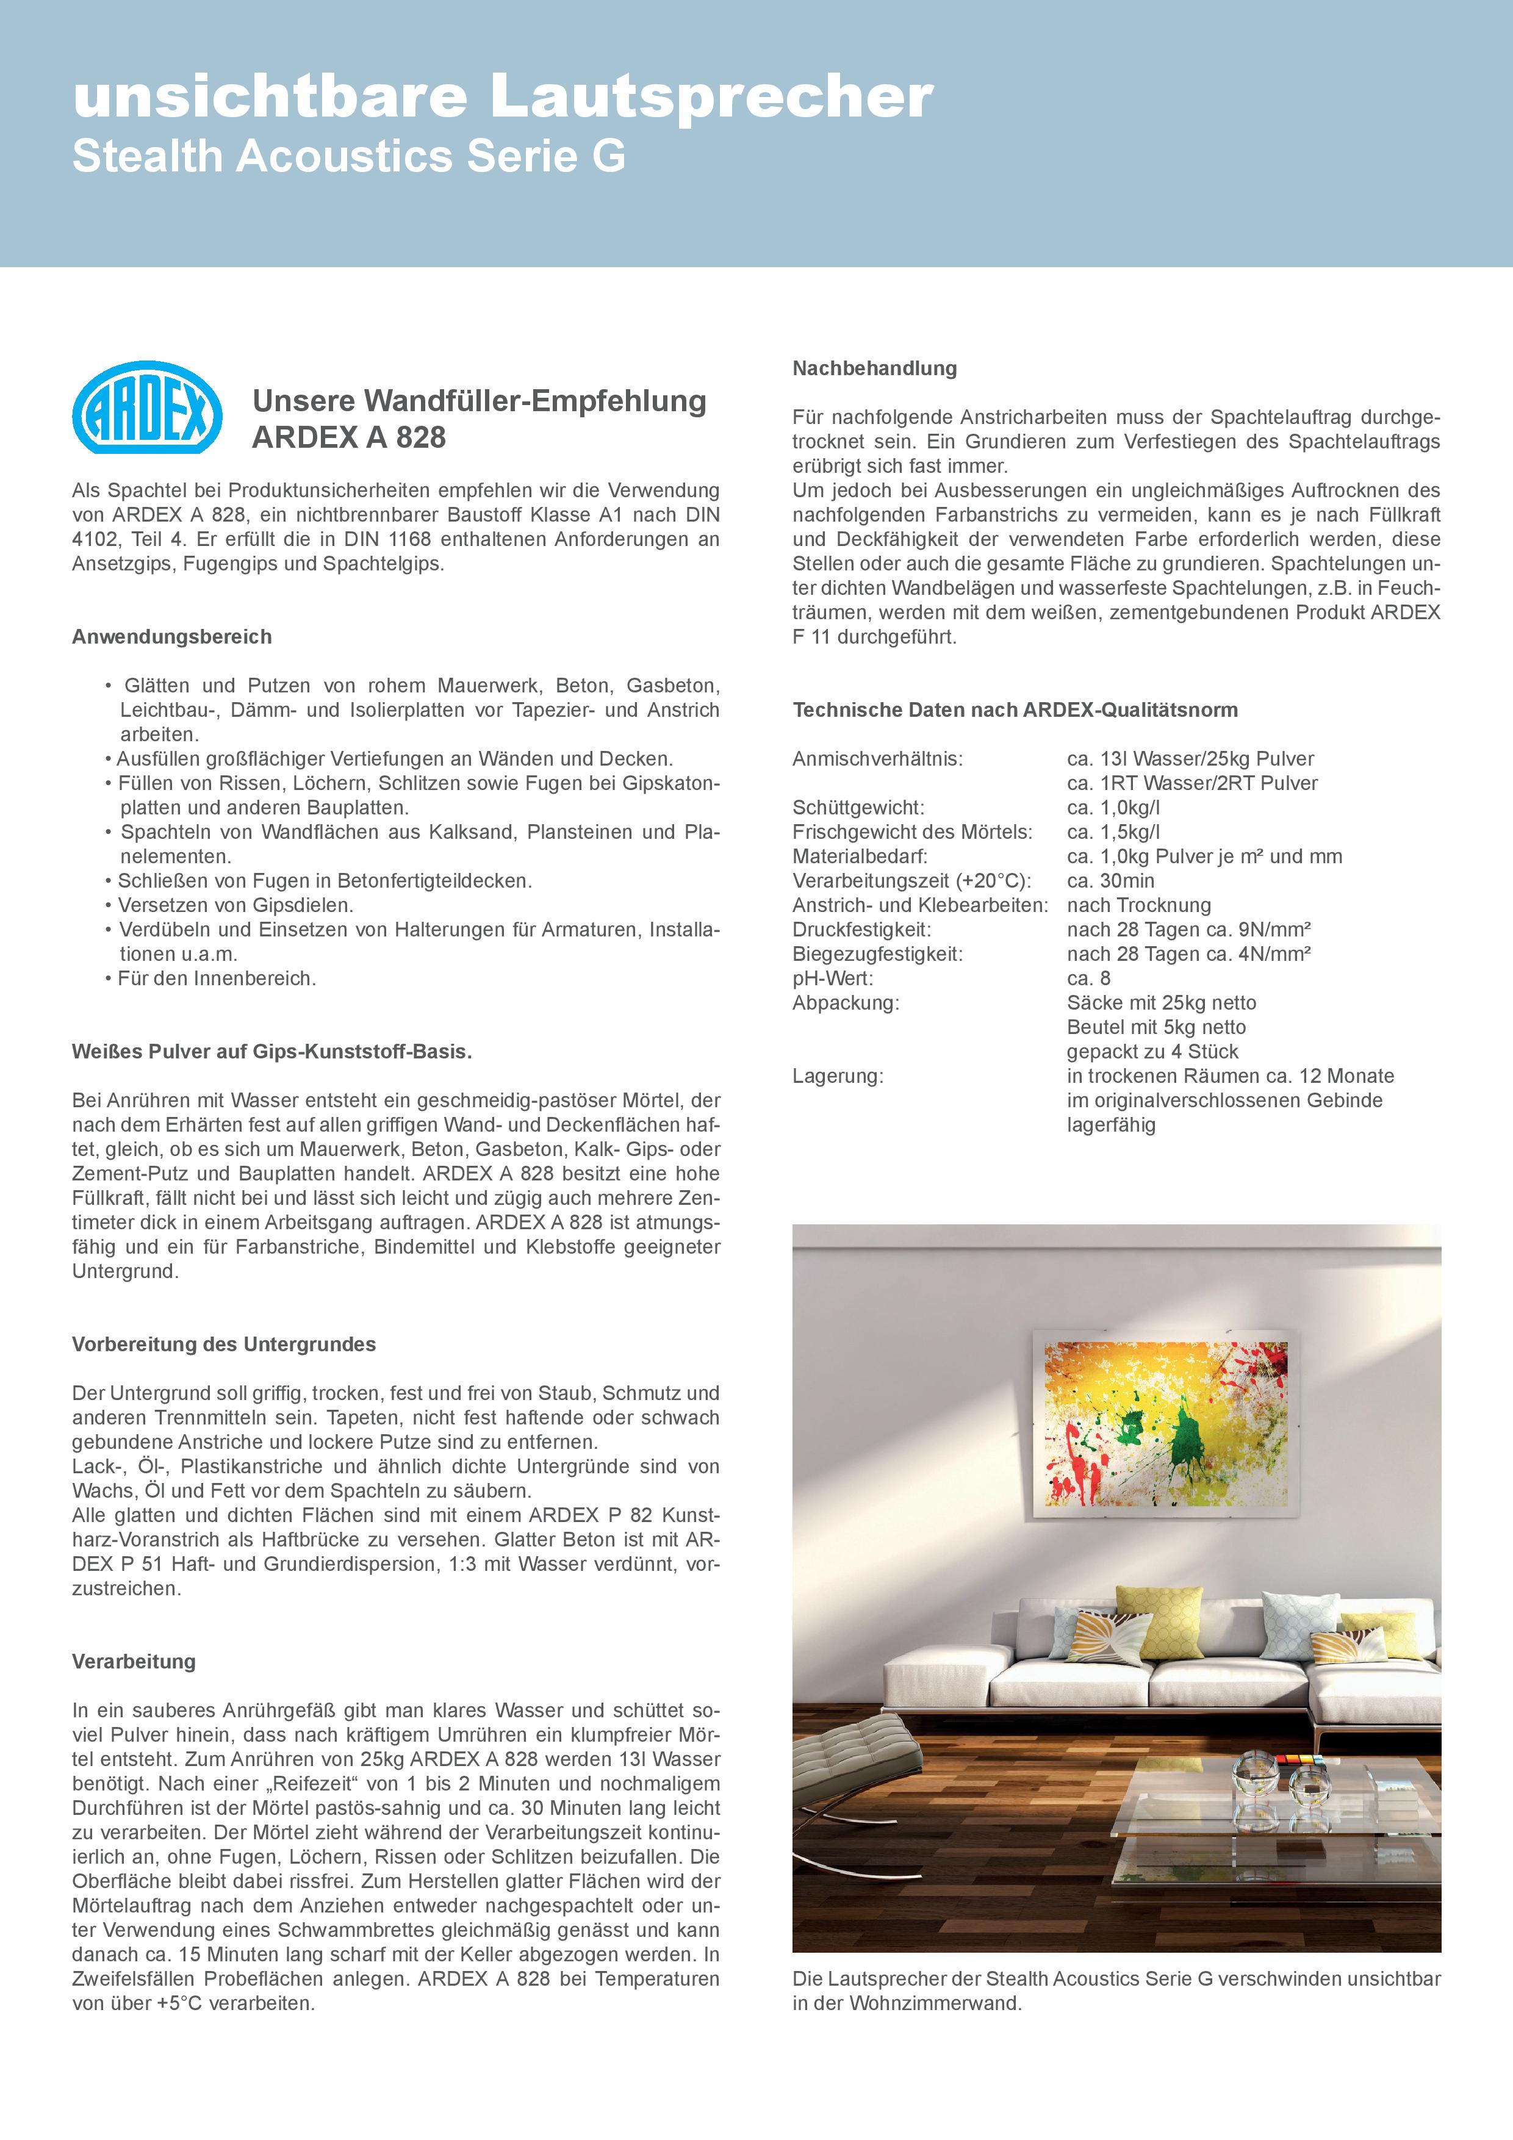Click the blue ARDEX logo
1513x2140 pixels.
click(x=147, y=408)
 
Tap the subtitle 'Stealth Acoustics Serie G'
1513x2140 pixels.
click(x=348, y=157)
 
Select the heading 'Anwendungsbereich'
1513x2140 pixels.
click(x=171, y=637)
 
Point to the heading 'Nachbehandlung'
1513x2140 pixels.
click(x=874, y=368)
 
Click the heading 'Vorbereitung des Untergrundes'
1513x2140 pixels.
click(x=224, y=1344)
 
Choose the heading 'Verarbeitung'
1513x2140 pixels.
click(x=134, y=1661)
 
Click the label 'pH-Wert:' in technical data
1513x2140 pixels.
click(x=833, y=978)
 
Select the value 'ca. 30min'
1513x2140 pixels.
click(x=1110, y=881)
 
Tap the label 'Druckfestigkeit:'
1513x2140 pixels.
click(x=861, y=930)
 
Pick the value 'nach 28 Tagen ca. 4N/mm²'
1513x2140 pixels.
click(x=1188, y=955)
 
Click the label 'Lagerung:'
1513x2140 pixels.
click(x=837, y=1077)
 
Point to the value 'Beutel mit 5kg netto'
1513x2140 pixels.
click(x=1156, y=1027)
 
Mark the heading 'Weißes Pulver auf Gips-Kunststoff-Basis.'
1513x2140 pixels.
click(x=272, y=1051)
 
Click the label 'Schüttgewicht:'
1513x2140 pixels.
click(x=858, y=808)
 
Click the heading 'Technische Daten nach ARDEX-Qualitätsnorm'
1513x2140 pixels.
click(x=1015, y=710)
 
